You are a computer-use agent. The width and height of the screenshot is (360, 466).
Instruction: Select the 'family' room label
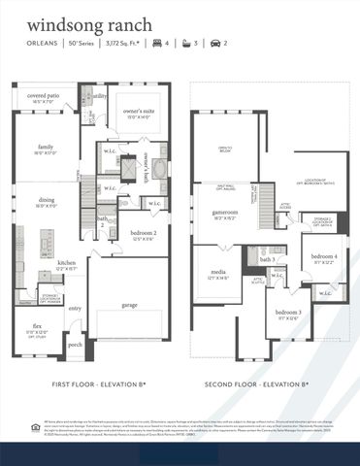coord(47,148)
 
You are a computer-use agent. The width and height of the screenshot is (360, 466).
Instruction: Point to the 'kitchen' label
coord(66,262)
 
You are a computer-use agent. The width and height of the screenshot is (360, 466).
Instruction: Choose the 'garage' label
coord(129,304)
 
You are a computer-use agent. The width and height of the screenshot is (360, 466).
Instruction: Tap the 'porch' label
coord(75,345)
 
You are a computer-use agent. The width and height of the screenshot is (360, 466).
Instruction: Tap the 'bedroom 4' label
coord(324,256)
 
